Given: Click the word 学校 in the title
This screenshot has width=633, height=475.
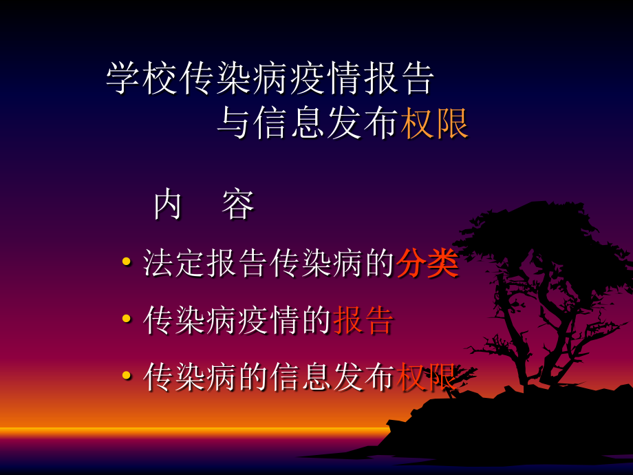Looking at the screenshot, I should (x=142, y=80).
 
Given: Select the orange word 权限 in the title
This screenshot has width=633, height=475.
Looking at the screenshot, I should (x=435, y=125).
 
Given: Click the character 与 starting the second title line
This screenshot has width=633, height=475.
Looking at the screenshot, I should (x=233, y=125).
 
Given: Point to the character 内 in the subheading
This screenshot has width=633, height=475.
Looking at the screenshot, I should (x=167, y=204).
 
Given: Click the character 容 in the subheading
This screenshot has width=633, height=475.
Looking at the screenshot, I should (x=238, y=204).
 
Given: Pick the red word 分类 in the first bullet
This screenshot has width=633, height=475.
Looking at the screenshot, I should (x=427, y=264).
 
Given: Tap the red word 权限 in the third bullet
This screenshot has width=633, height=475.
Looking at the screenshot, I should (x=427, y=378).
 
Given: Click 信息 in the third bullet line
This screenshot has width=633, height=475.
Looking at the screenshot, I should (x=300, y=378).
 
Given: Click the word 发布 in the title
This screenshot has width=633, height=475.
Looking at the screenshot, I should (x=362, y=125).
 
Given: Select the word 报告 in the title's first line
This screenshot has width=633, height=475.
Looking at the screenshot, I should (x=399, y=80).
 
